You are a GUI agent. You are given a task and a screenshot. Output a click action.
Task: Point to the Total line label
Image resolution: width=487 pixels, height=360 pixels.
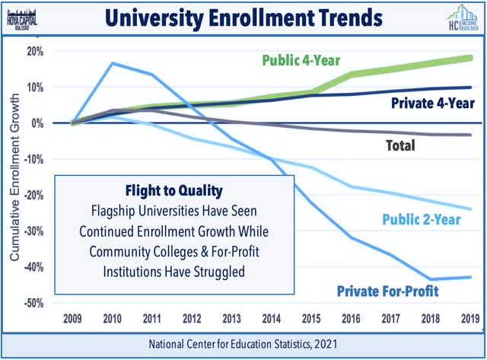(396, 145)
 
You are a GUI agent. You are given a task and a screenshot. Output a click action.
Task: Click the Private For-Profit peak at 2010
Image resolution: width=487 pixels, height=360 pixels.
(113, 63)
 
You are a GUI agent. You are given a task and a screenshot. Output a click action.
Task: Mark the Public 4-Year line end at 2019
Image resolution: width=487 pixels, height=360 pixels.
(470, 58)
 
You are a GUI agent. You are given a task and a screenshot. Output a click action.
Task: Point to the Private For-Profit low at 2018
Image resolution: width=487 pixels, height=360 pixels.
(431, 279)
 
